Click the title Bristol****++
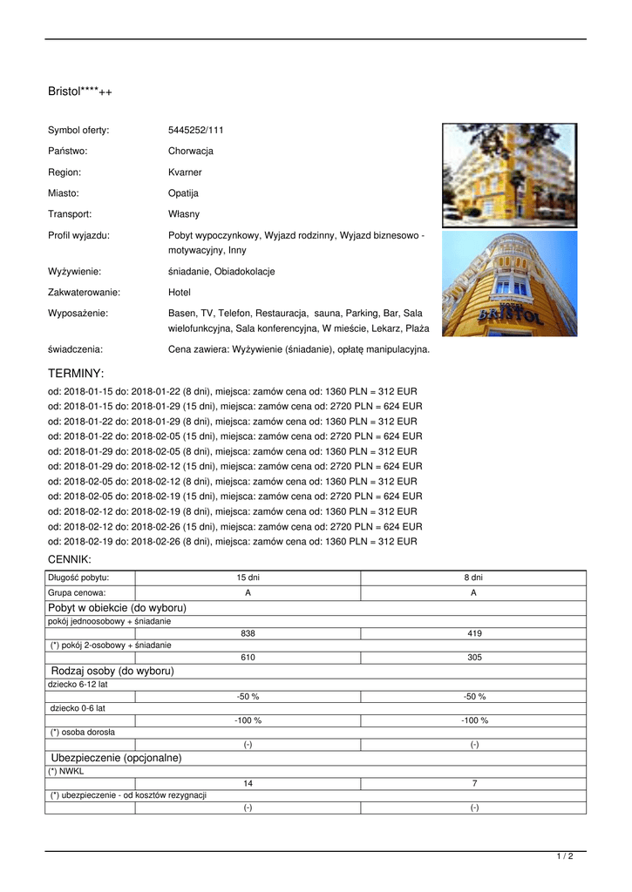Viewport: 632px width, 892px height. [x=79, y=91]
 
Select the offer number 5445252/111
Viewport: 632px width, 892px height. [x=196, y=131]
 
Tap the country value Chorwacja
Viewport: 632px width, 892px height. [x=191, y=152]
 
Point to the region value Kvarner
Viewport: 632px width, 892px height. [x=185, y=172]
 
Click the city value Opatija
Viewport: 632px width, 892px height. [x=183, y=193]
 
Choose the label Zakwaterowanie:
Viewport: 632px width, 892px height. [x=84, y=293]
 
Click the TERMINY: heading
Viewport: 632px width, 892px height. [x=76, y=374]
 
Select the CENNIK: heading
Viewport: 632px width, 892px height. [x=69, y=559]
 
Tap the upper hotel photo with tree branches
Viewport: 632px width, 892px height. [x=509, y=175]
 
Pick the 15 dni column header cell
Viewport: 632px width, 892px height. [x=248, y=578]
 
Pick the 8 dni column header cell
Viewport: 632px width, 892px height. [x=474, y=578]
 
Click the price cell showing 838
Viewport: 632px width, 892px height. [x=248, y=633]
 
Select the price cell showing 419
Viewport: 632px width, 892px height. [x=474, y=633]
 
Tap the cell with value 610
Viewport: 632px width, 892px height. [x=248, y=658]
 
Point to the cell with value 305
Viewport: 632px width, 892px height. [x=474, y=658]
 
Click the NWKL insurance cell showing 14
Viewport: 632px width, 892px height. [x=248, y=784]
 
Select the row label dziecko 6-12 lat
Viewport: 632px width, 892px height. [x=78, y=685]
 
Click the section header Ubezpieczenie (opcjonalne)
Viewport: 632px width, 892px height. [x=116, y=759]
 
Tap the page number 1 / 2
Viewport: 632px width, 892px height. [x=565, y=857]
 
